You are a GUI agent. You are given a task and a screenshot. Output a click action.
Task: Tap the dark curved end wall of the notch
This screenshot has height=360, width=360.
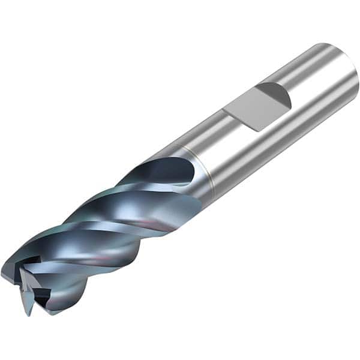click(x=277, y=95)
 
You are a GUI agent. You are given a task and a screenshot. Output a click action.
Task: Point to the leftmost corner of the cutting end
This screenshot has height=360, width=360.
click(x=2, y=274)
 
